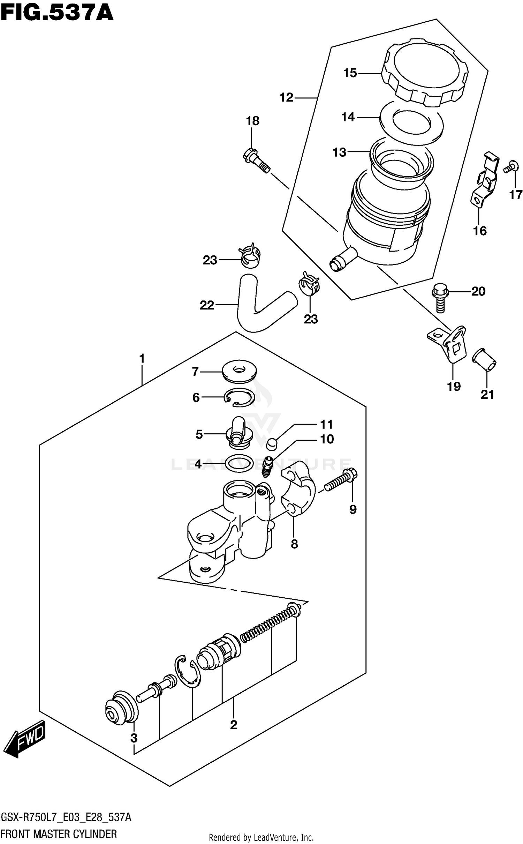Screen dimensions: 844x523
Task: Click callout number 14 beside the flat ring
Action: (x=348, y=117)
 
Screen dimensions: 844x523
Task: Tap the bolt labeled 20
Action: (x=440, y=296)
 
